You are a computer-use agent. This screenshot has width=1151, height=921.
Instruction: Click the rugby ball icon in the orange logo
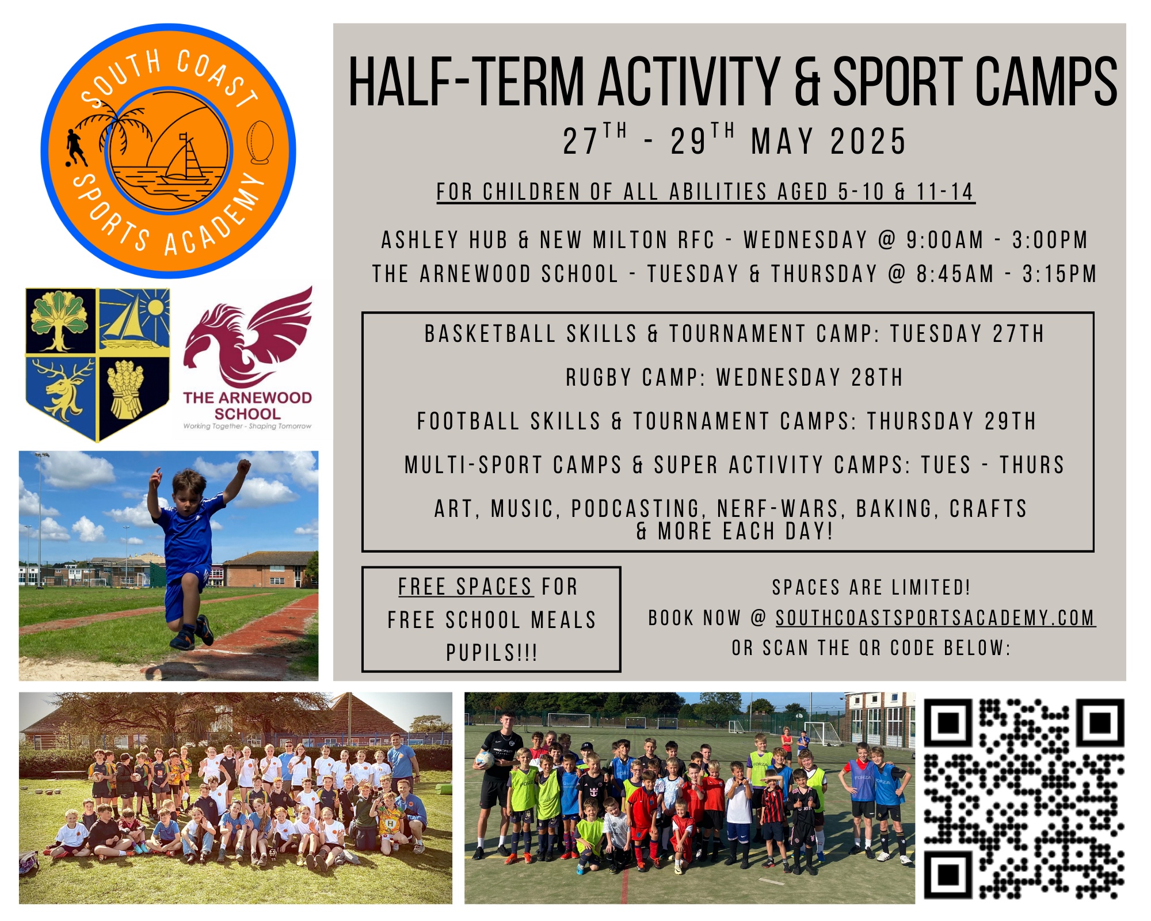260,142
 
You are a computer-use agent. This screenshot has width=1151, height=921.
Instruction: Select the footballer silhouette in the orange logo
75,148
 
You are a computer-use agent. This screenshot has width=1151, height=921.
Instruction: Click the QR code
1024,799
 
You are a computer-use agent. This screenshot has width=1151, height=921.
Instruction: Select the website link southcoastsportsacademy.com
935,618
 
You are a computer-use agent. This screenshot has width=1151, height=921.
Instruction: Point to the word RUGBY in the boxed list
599,378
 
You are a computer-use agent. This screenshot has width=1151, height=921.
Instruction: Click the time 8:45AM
955,274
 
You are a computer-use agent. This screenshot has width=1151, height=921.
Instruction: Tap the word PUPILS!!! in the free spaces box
492,653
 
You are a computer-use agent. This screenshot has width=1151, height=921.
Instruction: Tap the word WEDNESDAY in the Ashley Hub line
806,240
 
